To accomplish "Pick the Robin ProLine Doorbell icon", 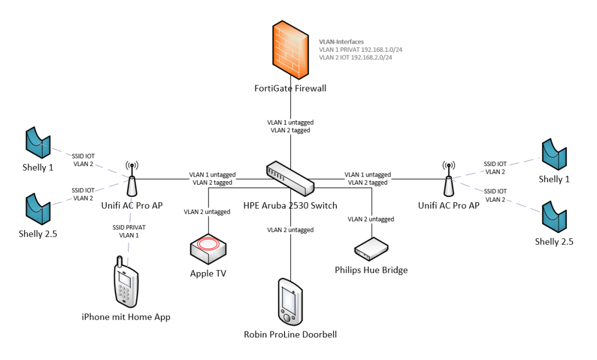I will pyautogui.click(x=290, y=302).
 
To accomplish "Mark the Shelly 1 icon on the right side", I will pyautogui.click(x=554, y=153).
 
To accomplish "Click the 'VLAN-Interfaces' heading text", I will pyautogui.click(x=341, y=42).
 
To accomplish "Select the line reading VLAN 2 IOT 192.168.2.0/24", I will pyautogui.click(x=355, y=58).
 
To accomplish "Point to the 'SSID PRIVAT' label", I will pyautogui.click(x=126, y=227).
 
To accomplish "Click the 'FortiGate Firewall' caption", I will pyautogui.click(x=290, y=89).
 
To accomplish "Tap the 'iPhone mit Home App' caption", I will pyautogui.click(x=126, y=317).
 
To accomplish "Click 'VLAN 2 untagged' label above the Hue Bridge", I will pyautogui.click(x=371, y=220).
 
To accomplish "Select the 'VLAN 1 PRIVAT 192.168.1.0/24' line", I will pyautogui.click(x=360, y=50).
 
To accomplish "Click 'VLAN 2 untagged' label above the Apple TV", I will pyautogui.click(x=207, y=212).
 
